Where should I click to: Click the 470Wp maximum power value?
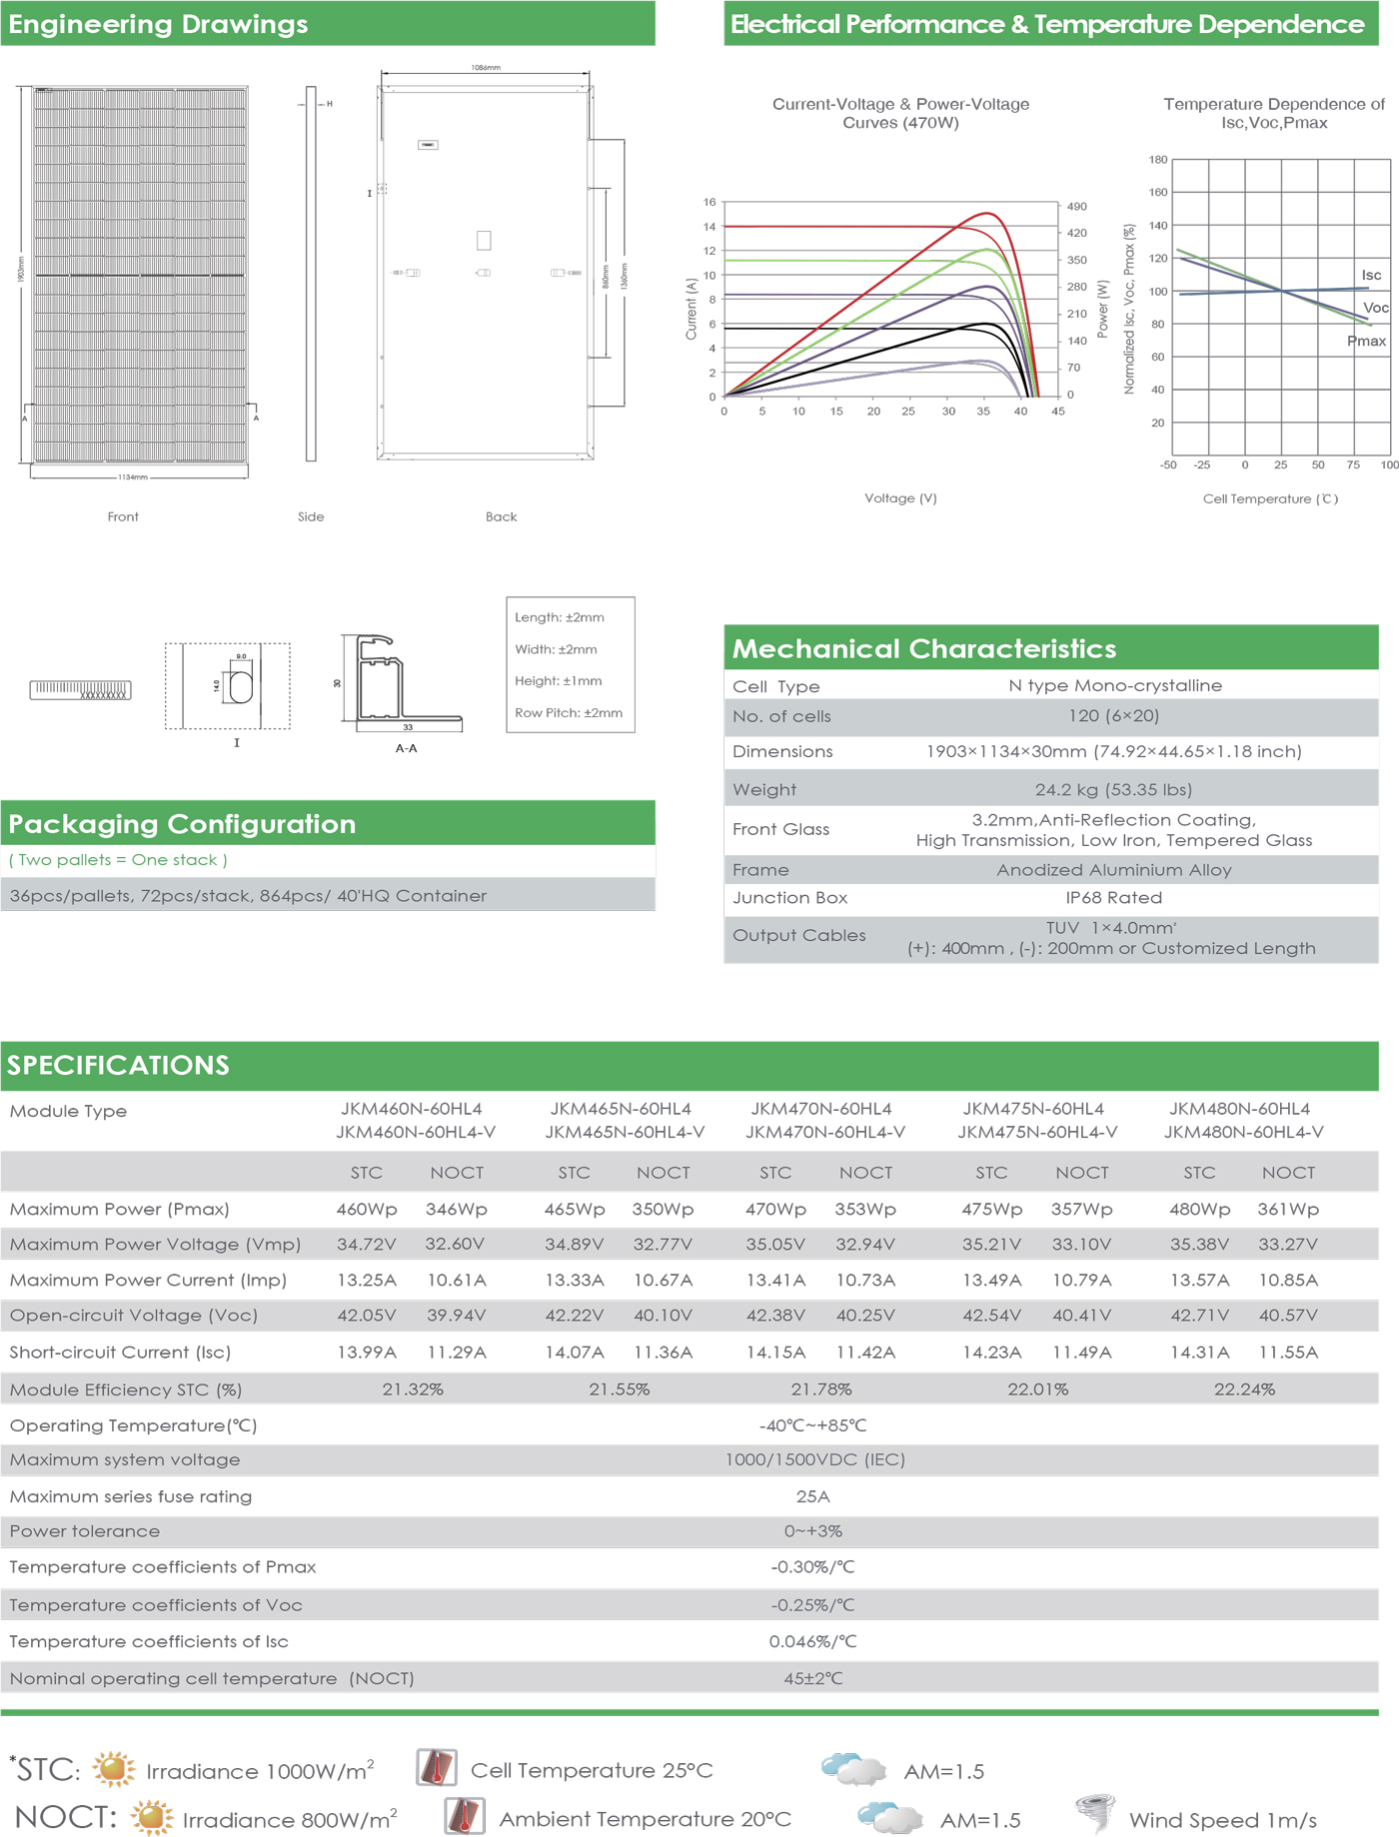pyautogui.click(x=775, y=1209)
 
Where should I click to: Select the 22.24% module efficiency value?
pyautogui.click(x=1244, y=1388)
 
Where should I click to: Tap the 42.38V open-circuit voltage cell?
pyautogui.click(x=775, y=1315)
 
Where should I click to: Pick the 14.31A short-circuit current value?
pyautogui.click(x=1199, y=1352)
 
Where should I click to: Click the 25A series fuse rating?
pyautogui.click(x=812, y=1496)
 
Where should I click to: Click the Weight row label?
pyautogui.click(x=764, y=789)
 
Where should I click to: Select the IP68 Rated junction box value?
pyautogui.click(x=1113, y=897)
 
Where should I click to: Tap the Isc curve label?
pyautogui.click(x=1371, y=275)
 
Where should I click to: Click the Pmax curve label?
pyautogui.click(x=1366, y=341)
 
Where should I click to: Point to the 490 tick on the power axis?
pyautogui.click(x=1076, y=207)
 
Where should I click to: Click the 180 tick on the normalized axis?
pyautogui.click(x=1158, y=160)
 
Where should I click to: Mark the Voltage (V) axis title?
pyautogui.click(x=900, y=497)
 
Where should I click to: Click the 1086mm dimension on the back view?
pyautogui.click(x=486, y=68)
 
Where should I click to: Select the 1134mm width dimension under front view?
pyautogui.click(x=133, y=477)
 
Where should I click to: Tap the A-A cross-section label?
pyautogui.click(x=406, y=748)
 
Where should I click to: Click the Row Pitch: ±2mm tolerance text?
pyautogui.click(x=569, y=712)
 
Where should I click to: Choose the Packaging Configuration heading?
pyautogui.click(x=182, y=824)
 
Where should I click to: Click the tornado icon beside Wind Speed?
pyautogui.click(x=1095, y=1812)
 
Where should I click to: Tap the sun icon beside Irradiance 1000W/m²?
pyautogui.click(x=114, y=1769)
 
